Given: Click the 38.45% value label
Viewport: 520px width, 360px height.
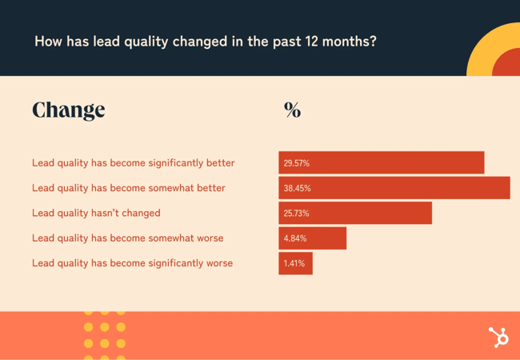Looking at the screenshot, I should pyautogui.click(x=297, y=188).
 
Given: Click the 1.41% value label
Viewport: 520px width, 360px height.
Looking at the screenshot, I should pyautogui.click(x=294, y=262).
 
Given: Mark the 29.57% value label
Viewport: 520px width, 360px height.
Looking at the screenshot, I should pyautogui.click(x=297, y=163).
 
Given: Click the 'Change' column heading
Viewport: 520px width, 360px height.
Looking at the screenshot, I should pyautogui.click(x=69, y=110).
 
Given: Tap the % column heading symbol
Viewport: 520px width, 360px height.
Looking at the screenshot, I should pyautogui.click(x=292, y=110).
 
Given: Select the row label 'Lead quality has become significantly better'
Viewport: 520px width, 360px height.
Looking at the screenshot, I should pyautogui.click(x=134, y=163).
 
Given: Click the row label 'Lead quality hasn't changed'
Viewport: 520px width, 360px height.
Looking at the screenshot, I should pyautogui.click(x=96, y=213).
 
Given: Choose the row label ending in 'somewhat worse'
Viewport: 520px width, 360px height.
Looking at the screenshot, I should pyautogui.click(x=128, y=238).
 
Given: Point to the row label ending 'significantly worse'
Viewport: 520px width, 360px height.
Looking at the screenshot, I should pyautogui.click(x=133, y=262).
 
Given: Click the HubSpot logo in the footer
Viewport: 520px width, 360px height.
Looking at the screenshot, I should pyautogui.click(x=498, y=337).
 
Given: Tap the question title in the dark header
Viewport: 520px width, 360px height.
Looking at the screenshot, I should pyautogui.click(x=205, y=41).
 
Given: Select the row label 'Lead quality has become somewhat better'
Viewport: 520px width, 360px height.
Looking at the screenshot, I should pyautogui.click(x=129, y=188).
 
